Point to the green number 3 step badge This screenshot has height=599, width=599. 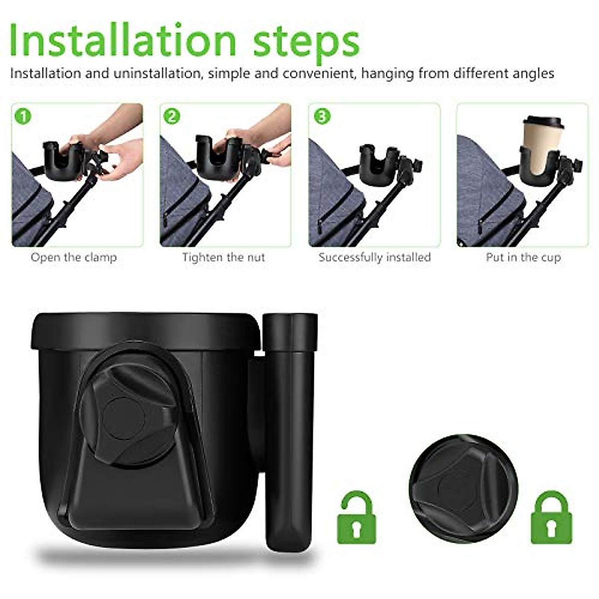click(x=321, y=116)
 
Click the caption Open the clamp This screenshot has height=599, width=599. click(x=74, y=258)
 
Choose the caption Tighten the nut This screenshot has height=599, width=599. click(x=223, y=258)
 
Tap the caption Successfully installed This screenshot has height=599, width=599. click(x=374, y=258)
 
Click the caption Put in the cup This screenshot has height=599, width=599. click(x=523, y=258)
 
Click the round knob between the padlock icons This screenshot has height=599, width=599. click(x=463, y=487)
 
